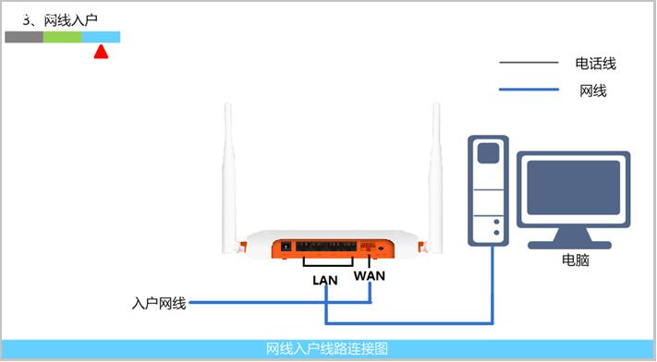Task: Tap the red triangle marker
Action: point(101,52)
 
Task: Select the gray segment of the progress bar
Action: point(24,38)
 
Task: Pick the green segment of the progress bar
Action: point(62,38)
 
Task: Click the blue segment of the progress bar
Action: point(101,38)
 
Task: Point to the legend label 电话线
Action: point(595,64)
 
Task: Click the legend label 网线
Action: point(592,90)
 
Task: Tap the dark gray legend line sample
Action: point(529,64)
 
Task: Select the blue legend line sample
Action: point(529,90)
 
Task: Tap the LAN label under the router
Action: point(325,279)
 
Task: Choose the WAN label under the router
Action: point(370,276)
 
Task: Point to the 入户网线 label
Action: point(159,303)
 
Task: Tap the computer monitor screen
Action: point(574,191)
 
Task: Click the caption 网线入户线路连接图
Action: point(327,349)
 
